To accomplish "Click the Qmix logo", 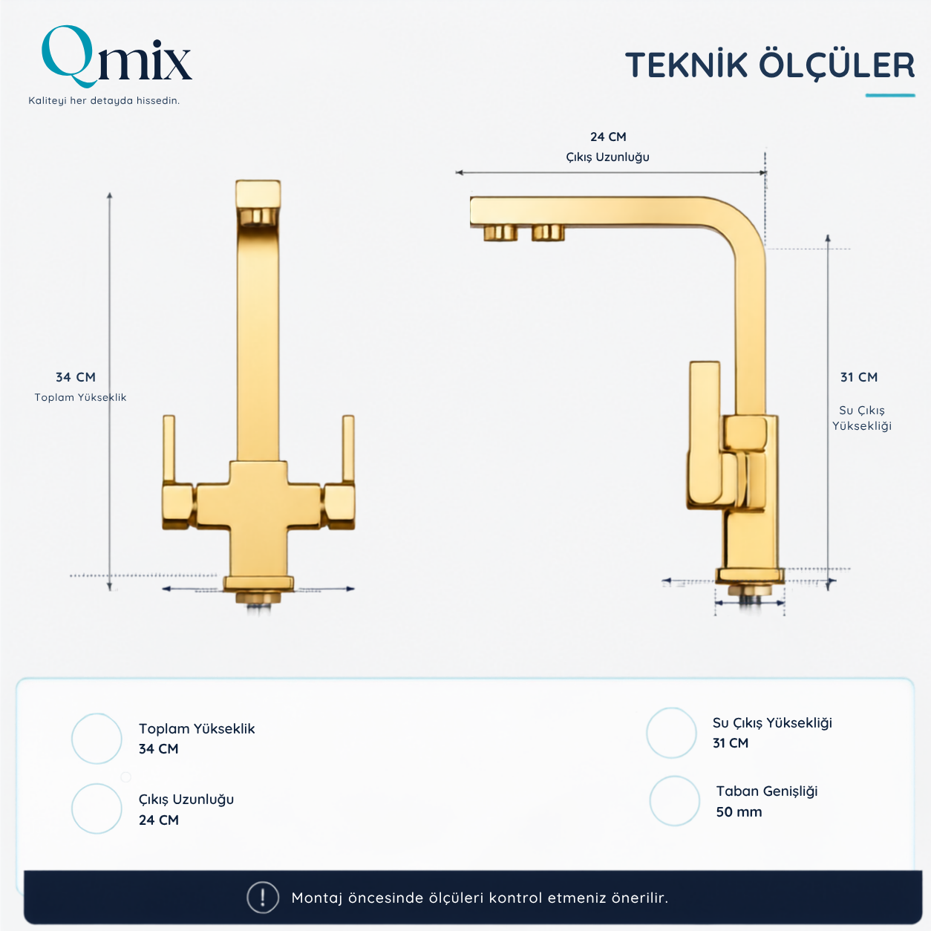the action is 117,57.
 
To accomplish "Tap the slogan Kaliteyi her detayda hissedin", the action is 104,100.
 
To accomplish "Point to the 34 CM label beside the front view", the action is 76,377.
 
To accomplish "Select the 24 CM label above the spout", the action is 608,137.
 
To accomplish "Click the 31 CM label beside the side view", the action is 858,377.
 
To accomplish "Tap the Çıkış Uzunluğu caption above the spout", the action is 607,157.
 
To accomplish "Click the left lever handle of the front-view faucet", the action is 169,448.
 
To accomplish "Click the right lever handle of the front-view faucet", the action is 348,448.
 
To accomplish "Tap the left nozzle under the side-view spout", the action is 500,233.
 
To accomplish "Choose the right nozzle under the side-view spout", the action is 548,233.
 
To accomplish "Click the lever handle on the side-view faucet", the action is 705,435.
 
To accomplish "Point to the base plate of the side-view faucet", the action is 750,575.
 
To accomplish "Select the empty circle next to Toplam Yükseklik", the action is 97,738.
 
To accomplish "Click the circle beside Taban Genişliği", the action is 674,800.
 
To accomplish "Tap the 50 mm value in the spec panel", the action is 739,811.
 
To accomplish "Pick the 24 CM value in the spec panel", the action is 158,820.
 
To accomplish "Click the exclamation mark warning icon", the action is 262,898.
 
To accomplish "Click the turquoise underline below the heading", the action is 890,95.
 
